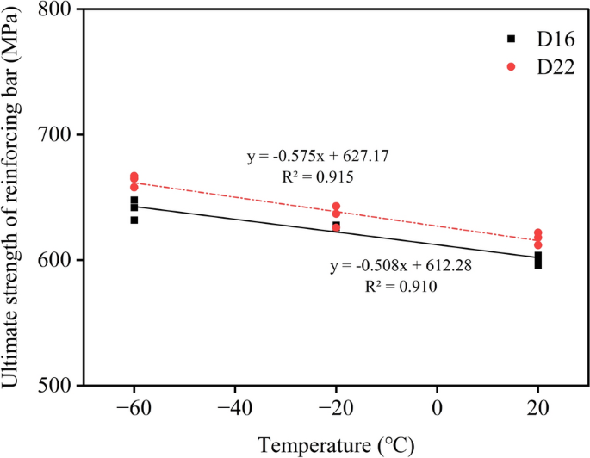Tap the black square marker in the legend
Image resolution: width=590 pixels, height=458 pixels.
click(511, 39)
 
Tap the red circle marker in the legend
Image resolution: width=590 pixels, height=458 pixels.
click(511, 66)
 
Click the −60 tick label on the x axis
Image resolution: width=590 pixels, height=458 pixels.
click(134, 409)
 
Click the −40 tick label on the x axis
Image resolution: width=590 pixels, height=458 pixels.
click(234, 409)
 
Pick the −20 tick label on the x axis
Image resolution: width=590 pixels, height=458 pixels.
click(336, 409)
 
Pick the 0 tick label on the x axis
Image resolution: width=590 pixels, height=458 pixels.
click(437, 409)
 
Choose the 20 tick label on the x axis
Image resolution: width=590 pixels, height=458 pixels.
click(537, 409)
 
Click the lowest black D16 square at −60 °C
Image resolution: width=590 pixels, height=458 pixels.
click(134, 220)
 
